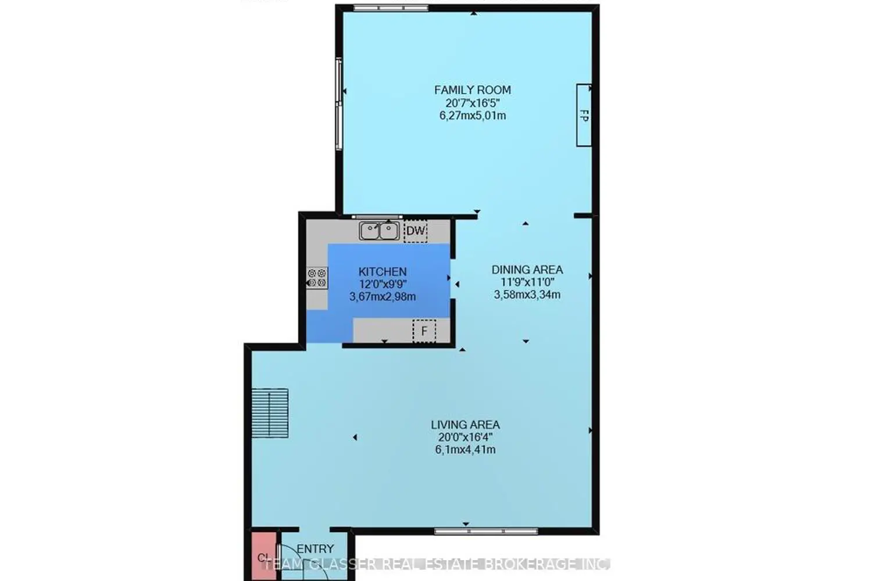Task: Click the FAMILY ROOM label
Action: click(472, 90)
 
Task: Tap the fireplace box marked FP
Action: click(584, 115)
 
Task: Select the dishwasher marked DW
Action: click(415, 231)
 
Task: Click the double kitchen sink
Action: click(379, 231)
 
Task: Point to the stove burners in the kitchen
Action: click(317, 278)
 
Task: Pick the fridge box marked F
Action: click(424, 331)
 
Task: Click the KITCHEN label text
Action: click(382, 271)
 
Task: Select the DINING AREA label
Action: click(527, 270)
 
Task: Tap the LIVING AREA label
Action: click(465, 425)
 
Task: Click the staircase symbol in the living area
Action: click(270, 413)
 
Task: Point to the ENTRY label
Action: click(315, 548)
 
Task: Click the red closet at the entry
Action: click(261, 557)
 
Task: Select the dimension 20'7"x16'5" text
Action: click(472, 103)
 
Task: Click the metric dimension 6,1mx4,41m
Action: click(465, 450)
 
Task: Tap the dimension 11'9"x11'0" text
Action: click(527, 282)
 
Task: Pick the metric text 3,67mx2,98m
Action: click(382, 297)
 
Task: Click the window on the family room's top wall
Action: click(391, 8)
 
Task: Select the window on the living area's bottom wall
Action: click(486, 530)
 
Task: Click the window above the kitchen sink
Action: click(377, 217)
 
